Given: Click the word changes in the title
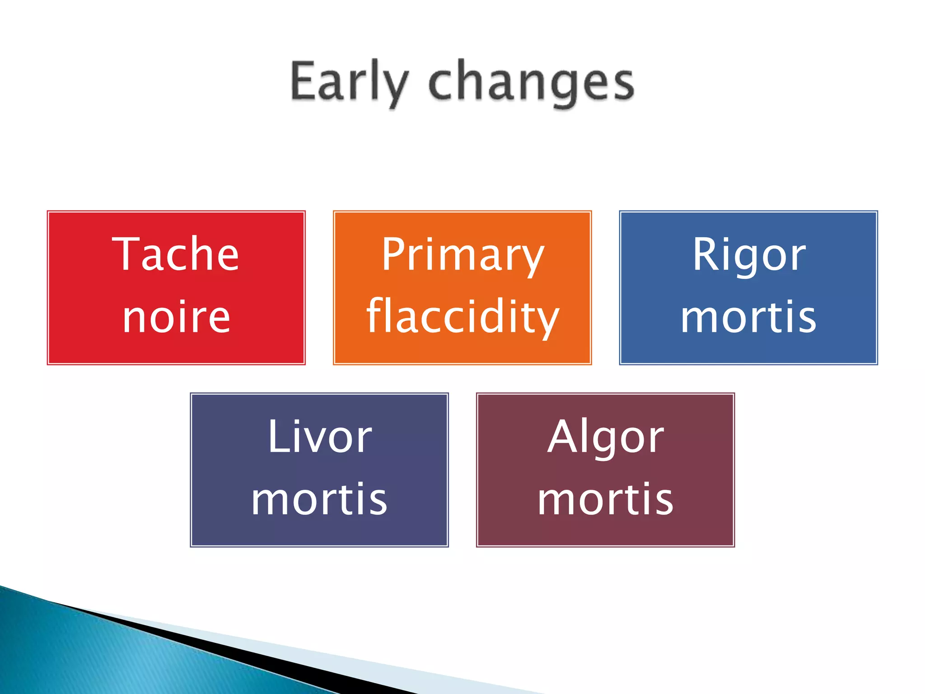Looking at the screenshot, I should [x=531, y=84].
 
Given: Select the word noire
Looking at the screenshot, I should [x=176, y=317].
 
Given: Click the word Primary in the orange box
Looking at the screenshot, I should [x=462, y=256].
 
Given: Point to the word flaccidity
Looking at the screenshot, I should [x=462, y=317].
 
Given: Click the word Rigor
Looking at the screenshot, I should [x=748, y=256].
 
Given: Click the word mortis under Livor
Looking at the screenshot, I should [x=319, y=499].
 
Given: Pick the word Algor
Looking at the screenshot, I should [x=605, y=437].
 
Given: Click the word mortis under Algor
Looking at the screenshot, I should [x=605, y=499].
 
